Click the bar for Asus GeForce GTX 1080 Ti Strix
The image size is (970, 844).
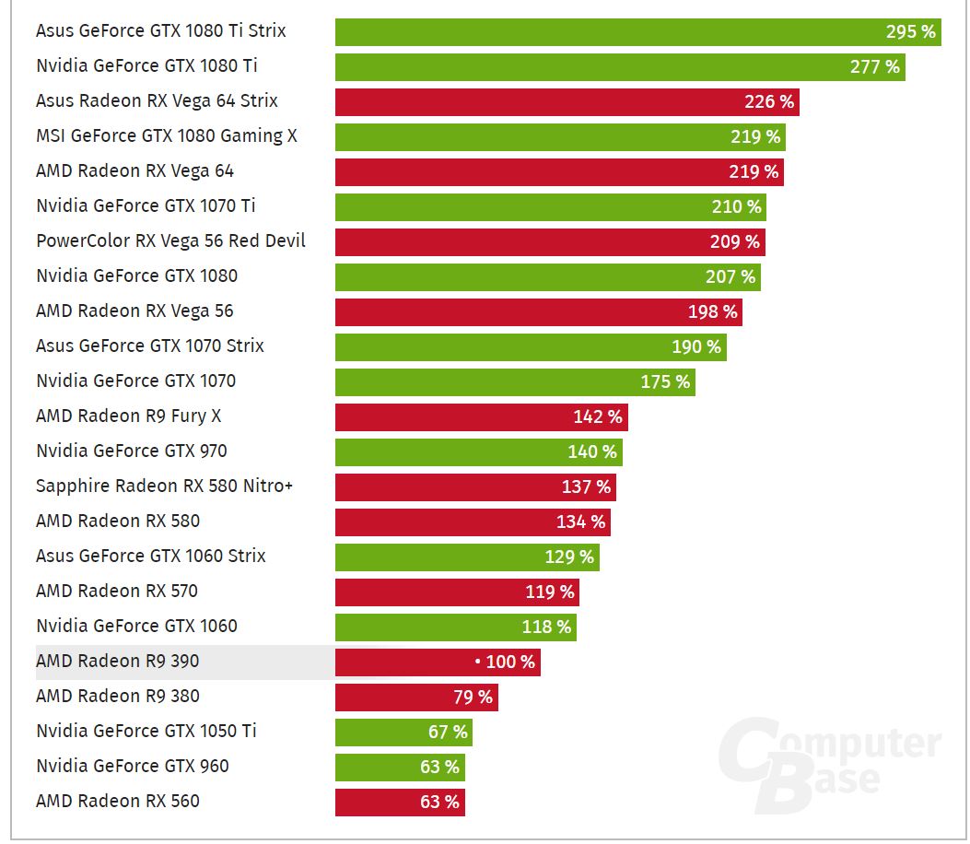coord(637,31)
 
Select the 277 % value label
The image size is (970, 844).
coord(874,66)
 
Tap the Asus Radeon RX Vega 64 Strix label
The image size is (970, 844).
coord(157,101)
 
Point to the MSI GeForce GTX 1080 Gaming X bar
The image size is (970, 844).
coord(559,136)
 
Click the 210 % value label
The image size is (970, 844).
coord(736,206)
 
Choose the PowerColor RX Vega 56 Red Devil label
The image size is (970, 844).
coord(170,241)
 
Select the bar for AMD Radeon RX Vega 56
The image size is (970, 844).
coord(538,311)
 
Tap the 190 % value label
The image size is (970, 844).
coord(696,346)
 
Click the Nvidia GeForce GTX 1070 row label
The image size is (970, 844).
coord(135,381)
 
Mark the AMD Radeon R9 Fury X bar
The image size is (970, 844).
coord(481,416)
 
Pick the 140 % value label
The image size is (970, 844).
coord(592,451)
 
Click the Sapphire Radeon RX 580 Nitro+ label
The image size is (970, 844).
coord(164,486)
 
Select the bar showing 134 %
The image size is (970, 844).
coord(473,522)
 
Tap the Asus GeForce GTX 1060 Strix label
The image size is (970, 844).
coord(150,557)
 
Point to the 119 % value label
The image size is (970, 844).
coord(550,592)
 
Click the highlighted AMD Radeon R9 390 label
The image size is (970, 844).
coord(117,662)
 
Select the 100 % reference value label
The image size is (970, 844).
coord(505,662)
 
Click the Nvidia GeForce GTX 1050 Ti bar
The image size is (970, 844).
coord(403,732)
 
